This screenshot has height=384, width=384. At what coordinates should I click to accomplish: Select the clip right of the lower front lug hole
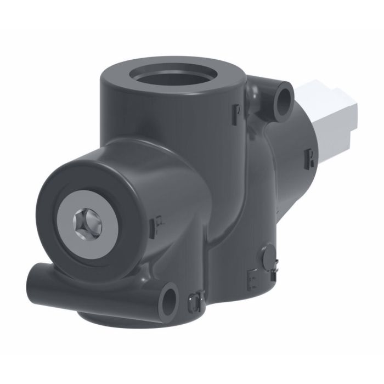tap(194, 300)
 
